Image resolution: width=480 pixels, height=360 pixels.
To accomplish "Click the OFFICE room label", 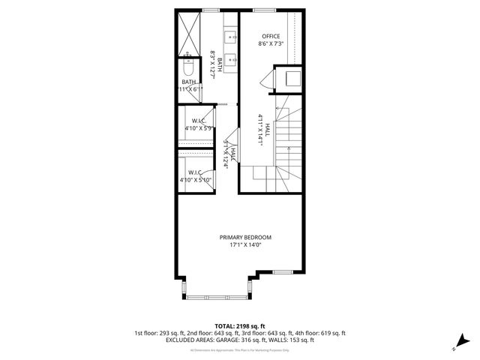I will (x=270, y=36).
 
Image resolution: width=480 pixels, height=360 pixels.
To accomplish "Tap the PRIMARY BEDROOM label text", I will (x=245, y=237).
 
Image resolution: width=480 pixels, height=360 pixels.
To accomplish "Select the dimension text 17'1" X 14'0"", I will (x=245, y=245).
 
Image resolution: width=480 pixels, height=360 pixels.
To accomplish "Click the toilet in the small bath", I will (x=188, y=68).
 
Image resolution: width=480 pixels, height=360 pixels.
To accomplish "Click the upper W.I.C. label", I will (x=199, y=121).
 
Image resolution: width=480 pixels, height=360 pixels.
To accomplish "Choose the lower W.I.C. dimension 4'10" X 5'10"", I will (x=196, y=180).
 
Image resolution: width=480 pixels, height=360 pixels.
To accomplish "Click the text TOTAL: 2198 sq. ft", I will (x=240, y=326).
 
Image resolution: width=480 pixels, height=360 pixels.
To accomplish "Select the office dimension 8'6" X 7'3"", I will (x=270, y=45).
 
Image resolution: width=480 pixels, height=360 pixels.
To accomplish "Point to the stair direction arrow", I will (x=280, y=111).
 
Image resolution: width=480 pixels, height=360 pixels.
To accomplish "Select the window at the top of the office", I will (x=264, y=10).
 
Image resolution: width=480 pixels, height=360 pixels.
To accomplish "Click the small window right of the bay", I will (x=282, y=271).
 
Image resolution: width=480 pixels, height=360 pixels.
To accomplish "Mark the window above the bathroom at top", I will (x=211, y=10).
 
